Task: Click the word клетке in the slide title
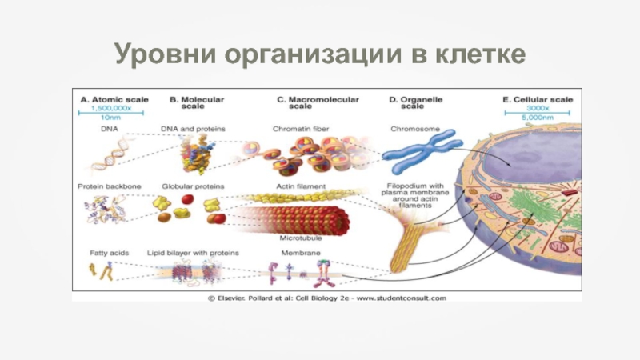click(x=480, y=54)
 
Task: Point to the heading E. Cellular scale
click(x=538, y=100)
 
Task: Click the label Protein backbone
click(x=110, y=186)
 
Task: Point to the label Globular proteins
click(x=192, y=186)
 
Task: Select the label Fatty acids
click(x=104, y=253)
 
